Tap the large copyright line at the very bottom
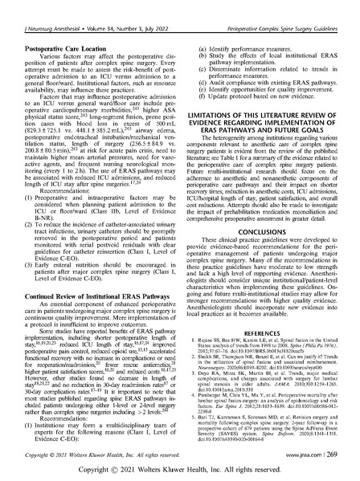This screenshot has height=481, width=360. (179, 469)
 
